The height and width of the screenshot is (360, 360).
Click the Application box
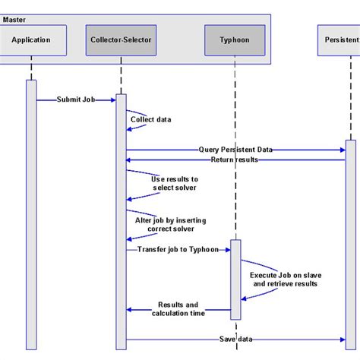click(31, 39)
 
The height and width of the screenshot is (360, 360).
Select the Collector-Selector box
click(120, 39)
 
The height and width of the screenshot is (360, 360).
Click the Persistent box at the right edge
click(337, 39)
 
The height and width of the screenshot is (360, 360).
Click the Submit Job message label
click(75, 99)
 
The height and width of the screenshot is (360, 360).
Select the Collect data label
click(150, 119)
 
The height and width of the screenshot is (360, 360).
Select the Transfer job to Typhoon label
click(178, 249)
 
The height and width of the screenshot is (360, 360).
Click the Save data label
click(235, 339)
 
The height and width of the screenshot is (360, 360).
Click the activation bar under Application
click(31, 213)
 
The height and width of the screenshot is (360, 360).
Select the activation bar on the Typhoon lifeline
click(235, 279)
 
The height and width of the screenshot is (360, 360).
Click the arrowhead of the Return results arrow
click(128, 160)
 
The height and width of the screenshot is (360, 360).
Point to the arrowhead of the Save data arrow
click(343, 339)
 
